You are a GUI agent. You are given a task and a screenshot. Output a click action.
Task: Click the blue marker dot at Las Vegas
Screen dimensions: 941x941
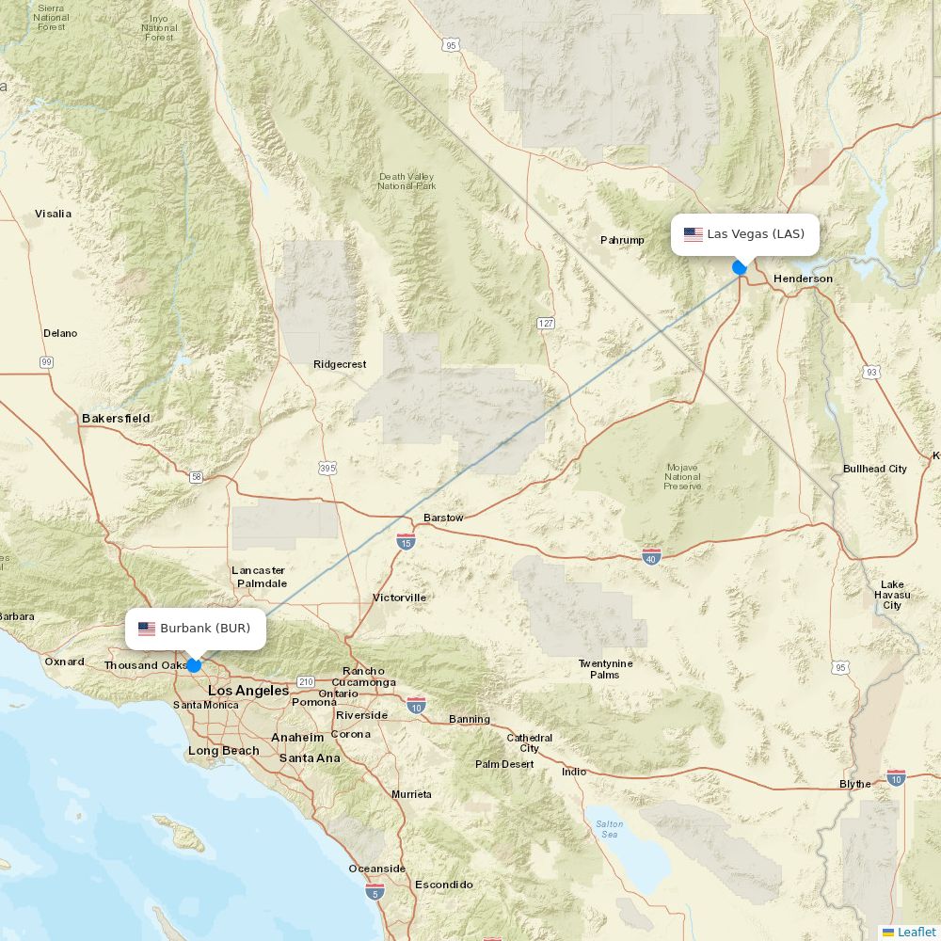[x=740, y=267]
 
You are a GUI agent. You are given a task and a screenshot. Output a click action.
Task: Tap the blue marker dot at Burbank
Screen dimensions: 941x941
[x=194, y=665]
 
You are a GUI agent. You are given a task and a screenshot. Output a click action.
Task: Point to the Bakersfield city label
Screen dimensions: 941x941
[x=116, y=418]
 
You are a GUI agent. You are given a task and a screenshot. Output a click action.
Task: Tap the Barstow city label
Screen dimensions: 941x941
[x=443, y=518]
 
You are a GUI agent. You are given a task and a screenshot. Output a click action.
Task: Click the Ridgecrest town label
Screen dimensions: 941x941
[x=340, y=364]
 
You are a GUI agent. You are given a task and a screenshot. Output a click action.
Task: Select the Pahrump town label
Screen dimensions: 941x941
[x=622, y=240]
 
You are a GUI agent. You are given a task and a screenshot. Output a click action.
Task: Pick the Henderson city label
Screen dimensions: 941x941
[x=803, y=279]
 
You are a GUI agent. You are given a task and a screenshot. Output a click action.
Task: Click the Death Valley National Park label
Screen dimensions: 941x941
[x=407, y=181]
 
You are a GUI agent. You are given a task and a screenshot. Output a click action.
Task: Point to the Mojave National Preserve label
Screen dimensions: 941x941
[x=682, y=476]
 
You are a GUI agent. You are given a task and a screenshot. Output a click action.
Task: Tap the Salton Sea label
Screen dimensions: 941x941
[x=609, y=829]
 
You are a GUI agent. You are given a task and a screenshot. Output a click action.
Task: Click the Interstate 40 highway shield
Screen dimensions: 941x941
[x=651, y=556]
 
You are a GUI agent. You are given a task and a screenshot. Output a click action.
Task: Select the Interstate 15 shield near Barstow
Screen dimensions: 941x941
[x=406, y=541]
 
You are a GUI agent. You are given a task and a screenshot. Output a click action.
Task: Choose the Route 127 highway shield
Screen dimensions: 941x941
[x=546, y=323]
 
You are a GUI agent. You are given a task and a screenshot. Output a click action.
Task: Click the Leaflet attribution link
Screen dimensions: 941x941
[x=916, y=932]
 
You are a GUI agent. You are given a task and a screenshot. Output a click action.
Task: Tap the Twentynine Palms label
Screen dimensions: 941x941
[x=605, y=669]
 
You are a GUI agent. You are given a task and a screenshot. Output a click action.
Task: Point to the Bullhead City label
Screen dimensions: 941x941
[x=874, y=469]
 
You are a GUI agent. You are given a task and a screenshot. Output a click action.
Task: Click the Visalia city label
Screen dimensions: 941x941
[x=53, y=214]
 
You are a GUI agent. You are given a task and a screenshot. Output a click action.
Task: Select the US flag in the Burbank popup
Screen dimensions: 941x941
[x=147, y=629]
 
